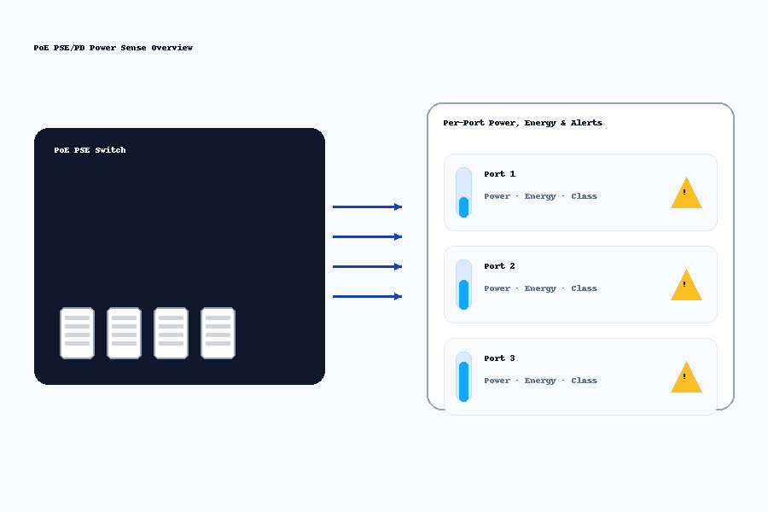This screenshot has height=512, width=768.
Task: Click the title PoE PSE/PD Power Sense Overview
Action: [113, 48]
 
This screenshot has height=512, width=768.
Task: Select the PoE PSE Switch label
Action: [90, 150]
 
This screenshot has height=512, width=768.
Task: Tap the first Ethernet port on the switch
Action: [77, 333]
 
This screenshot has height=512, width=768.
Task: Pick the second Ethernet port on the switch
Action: [124, 333]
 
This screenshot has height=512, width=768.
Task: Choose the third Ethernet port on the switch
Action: [171, 333]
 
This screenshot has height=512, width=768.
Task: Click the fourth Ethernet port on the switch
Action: [218, 333]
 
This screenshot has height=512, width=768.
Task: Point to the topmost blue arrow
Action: [367, 207]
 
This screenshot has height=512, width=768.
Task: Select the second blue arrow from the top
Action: [367, 236]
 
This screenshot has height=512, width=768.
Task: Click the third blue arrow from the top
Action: [367, 266]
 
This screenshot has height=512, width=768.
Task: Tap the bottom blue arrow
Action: [367, 296]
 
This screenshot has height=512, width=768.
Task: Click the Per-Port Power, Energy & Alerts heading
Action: [522, 123]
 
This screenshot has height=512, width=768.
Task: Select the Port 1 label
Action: [499, 174]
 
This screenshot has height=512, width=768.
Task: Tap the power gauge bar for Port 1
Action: [464, 193]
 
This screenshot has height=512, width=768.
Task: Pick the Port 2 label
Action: [499, 266]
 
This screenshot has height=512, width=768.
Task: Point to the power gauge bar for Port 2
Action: [464, 285]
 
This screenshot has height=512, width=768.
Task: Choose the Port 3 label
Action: [499, 358]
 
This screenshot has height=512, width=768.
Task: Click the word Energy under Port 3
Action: [540, 381]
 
